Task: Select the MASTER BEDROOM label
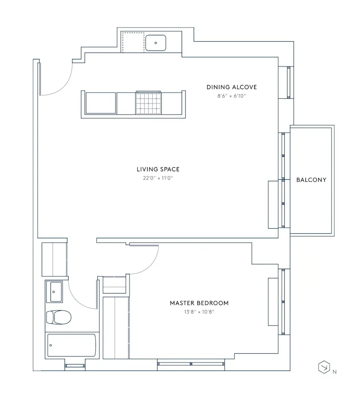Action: coord(199,303)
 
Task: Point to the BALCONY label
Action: coord(311,180)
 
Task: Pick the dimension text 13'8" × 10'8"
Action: coord(199,312)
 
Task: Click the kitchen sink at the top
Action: coord(156,43)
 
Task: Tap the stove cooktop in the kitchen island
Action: coord(148,103)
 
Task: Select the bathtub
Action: coord(71,344)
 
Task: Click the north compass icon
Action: coord(324,367)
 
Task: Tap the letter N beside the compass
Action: coord(334,372)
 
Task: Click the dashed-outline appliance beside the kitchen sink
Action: coord(133,42)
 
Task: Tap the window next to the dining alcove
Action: coord(287,83)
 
